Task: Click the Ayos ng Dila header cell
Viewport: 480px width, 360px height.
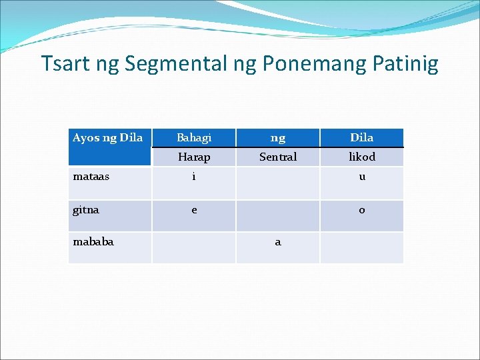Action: point(107,138)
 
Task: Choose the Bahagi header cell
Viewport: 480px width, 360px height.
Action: point(194,138)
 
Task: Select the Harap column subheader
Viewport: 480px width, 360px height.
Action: point(194,157)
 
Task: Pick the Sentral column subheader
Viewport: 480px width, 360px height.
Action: point(278,157)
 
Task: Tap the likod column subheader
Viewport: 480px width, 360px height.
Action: point(362,157)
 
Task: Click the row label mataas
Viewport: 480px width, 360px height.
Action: point(91,177)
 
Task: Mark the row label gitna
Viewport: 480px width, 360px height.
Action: point(87,209)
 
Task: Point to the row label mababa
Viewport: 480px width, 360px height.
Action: point(93,241)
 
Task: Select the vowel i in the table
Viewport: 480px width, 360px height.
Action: point(194,177)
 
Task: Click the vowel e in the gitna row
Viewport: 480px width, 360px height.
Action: point(194,210)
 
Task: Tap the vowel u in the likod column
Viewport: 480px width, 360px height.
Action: point(362,177)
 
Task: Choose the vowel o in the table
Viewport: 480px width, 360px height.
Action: point(362,210)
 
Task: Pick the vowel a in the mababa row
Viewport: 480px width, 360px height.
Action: point(278,242)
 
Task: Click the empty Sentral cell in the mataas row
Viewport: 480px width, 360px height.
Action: point(278,183)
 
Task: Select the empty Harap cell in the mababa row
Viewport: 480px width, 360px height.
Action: point(194,247)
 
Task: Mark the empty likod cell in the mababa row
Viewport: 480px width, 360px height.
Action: point(362,247)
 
